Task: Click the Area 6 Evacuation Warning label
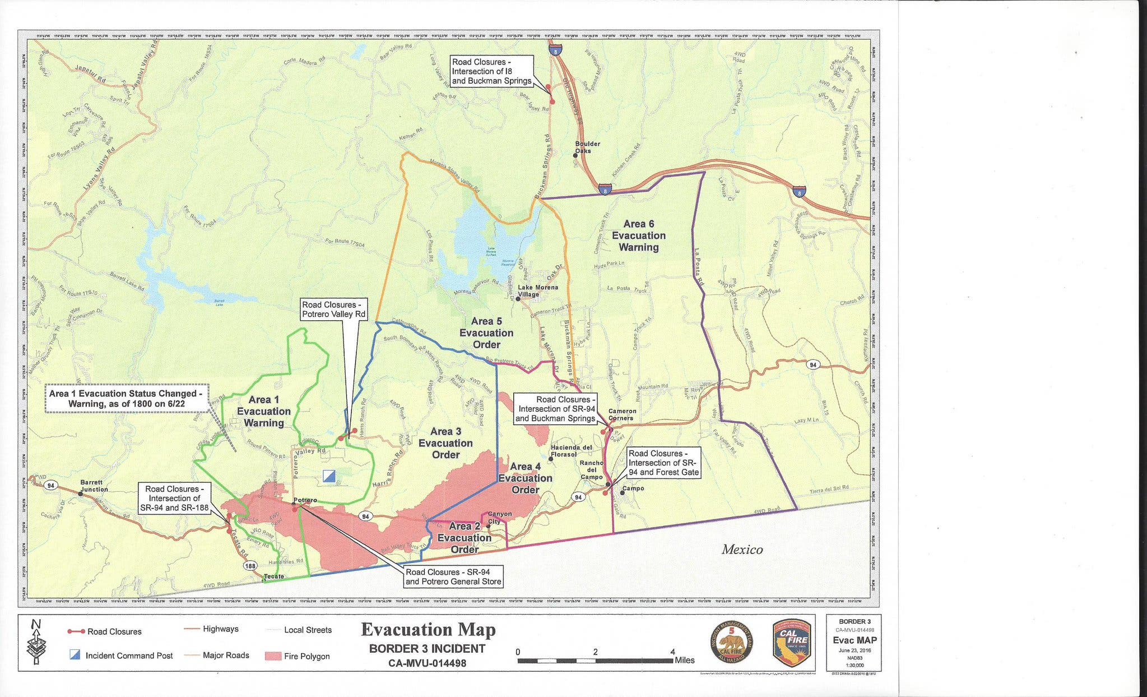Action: pyautogui.click(x=638, y=236)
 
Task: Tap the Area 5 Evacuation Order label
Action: pyautogui.click(x=486, y=333)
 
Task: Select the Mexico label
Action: pyautogui.click(x=741, y=550)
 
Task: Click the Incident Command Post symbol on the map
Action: pyautogui.click(x=329, y=477)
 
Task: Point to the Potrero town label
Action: pyautogui.click(x=305, y=500)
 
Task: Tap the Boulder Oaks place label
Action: pyautogui.click(x=587, y=147)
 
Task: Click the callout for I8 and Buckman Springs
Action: pyautogui.click(x=491, y=71)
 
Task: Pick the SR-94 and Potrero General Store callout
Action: pyautogui.click(x=453, y=576)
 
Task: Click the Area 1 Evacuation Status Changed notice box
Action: pyautogui.click(x=127, y=398)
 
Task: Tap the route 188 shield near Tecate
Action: pyautogui.click(x=250, y=566)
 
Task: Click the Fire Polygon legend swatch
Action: pyautogui.click(x=273, y=656)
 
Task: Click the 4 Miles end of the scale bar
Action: pyautogui.click(x=673, y=660)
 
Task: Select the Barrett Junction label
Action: pyautogui.click(x=94, y=486)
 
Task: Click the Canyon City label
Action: pyautogui.click(x=499, y=518)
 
